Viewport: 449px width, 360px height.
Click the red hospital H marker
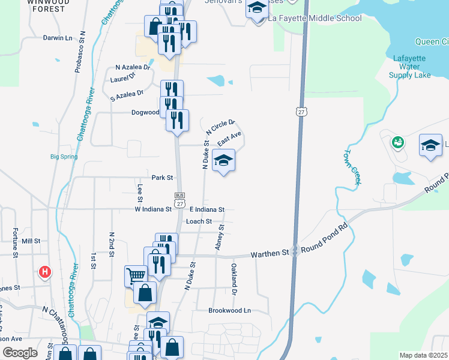(x=44, y=273)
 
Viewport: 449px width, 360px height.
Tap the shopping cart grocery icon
(x=136, y=276)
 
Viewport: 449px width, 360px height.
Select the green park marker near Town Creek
(x=396, y=143)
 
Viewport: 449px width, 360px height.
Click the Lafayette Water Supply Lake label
(x=410, y=67)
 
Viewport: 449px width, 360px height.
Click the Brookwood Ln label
(x=229, y=311)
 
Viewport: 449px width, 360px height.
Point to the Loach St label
(x=199, y=221)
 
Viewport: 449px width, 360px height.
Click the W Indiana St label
(x=153, y=209)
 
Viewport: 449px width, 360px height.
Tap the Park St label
(x=162, y=178)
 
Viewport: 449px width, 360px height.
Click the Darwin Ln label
(x=58, y=38)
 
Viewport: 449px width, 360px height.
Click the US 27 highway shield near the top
(x=301, y=112)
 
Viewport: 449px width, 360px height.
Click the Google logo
(x=20, y=353)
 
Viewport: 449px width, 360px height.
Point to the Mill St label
(x=31, y=241)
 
